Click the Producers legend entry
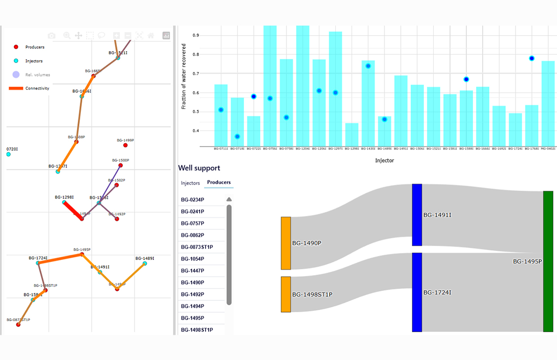pos(35,47)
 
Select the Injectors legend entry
pos(34,61)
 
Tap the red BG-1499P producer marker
pos(125,145)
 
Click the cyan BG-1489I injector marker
pos(144,263)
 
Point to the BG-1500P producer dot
pos(120,166)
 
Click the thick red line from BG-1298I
pos(73,211)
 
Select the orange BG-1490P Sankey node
pos(286,243)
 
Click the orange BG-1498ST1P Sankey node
pos(286,294)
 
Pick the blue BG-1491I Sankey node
pos(417,215)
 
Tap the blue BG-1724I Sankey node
pos(417,292)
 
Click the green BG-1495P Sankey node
pos(548,261)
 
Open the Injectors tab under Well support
pos(190,183)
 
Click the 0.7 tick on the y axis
pos(196,73)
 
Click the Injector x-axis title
pos(384,160)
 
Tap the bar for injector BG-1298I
pos(351,135)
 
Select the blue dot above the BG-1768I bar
pos(532,58)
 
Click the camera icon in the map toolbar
pos(51,36)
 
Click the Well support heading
pos(199,168)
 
